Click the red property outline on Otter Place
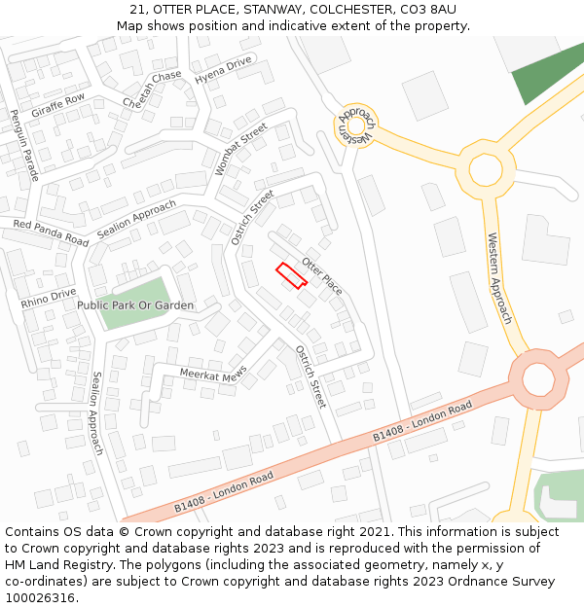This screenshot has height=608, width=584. [291, 275]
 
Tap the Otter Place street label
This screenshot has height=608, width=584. [322, 276]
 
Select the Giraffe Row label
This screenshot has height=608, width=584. [58, 105]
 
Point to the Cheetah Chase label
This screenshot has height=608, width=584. [152, 89]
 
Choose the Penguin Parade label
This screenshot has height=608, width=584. [24, 145]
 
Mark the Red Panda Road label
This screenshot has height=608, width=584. [51, 232]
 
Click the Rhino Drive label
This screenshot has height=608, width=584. [49, 299]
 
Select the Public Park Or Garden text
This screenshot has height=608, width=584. [135, 305]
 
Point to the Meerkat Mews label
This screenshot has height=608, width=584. [214, 373]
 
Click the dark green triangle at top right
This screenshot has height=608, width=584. [549, 73]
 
